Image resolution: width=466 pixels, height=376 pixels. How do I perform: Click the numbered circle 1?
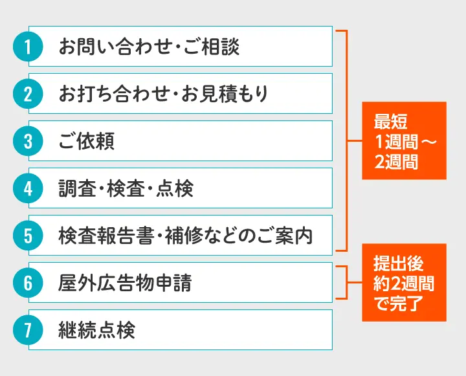tap(28, 47)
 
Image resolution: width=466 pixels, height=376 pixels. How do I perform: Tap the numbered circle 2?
tap(28, 94)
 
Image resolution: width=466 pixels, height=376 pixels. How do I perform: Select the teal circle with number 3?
tap(28, 141)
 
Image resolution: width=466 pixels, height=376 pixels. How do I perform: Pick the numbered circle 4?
tap(28, 188)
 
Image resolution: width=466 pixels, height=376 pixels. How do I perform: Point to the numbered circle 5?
tap(28, 236)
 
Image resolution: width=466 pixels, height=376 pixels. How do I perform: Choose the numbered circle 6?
tap(28, 283)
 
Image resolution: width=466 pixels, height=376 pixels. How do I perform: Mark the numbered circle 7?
tap(28, 330)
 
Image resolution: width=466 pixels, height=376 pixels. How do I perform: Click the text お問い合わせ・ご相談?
tap(149, 47)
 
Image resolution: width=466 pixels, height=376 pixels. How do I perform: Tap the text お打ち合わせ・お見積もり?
tap(163, 94)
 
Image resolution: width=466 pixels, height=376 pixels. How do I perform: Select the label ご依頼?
tap(87, 141)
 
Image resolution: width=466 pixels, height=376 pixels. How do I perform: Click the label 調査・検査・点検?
tap(126, 188)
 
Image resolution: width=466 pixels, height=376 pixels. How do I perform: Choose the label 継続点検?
tap(97, 330)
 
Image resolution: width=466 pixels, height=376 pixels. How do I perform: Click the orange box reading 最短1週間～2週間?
tap(404, 141)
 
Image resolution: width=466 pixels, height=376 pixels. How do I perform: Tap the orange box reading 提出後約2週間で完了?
tap(404, 283)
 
